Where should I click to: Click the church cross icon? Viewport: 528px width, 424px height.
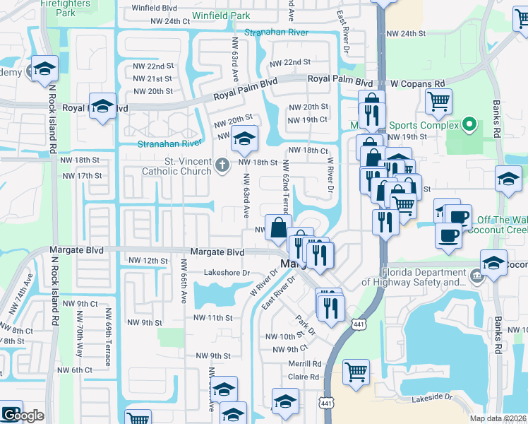[x=222, y=166]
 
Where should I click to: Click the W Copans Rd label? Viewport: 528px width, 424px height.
[x=414, y=83]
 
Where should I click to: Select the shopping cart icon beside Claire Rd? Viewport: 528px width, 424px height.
[x=356, y=370]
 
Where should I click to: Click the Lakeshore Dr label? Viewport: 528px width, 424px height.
[x=227, y=272]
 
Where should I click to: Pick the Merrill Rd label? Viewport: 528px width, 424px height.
[x=304, y=363]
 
